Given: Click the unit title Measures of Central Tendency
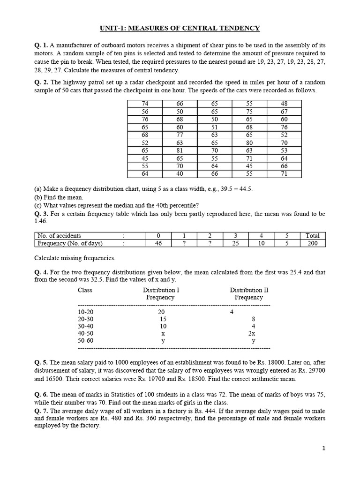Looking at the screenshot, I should (x=180, y=29).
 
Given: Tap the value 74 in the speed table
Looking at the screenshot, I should (x=145, y=103).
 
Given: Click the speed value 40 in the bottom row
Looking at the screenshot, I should (x=180, y=173).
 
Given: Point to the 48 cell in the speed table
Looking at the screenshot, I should (x=284, y=103).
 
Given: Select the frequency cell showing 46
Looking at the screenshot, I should (x=158, y=243).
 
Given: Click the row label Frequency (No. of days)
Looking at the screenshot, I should (x=70, y=243).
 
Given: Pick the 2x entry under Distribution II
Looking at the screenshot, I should (x=252, y=334).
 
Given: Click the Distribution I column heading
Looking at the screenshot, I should (x=161, y=290).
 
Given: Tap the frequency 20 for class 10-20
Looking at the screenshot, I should (x=161, y=311).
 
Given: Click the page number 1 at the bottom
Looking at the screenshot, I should (x=323, y=448).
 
